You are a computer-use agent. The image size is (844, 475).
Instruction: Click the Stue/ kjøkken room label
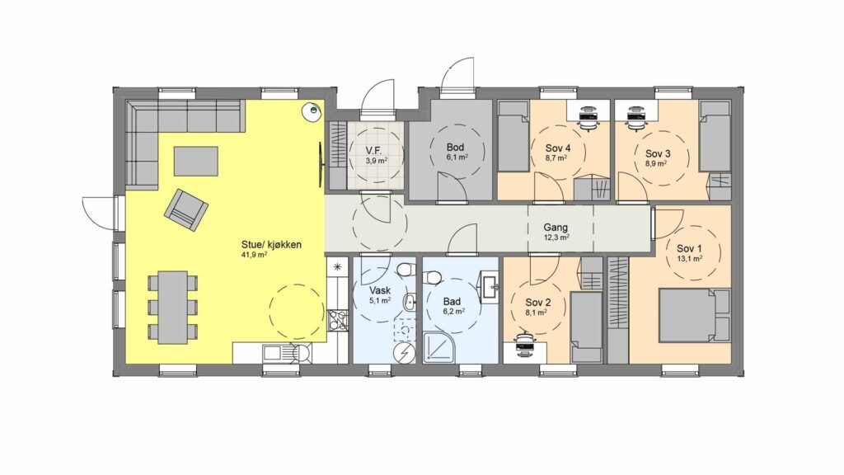(271, 245)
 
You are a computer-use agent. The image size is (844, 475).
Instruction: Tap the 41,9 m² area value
(255, 256)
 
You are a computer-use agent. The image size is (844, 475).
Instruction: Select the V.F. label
(374, 151)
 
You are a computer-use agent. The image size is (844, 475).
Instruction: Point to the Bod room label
(455, 148)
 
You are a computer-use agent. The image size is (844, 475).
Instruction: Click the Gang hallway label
(556, 228)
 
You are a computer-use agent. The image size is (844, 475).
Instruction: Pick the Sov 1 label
(690, 249)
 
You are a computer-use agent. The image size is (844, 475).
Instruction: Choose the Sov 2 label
(537, 302)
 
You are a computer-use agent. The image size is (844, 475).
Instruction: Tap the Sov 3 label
(658, 153)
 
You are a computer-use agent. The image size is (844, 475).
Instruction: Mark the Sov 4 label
(558, 148)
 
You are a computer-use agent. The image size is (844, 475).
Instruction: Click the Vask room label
(380, 291)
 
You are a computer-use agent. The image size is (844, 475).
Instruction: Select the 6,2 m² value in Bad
(453, 311)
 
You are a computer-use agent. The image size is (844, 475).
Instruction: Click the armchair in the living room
(186, 209)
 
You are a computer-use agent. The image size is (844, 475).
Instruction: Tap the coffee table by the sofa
(196, 161)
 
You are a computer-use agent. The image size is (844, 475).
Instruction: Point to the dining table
(173, 307)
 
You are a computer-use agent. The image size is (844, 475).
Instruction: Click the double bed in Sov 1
(695, 315)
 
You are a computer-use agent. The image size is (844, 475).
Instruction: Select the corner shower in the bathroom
(443, 347)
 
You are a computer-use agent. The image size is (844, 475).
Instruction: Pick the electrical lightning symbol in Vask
(404, 353)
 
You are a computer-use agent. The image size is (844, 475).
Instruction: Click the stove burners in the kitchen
(338, 320)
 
